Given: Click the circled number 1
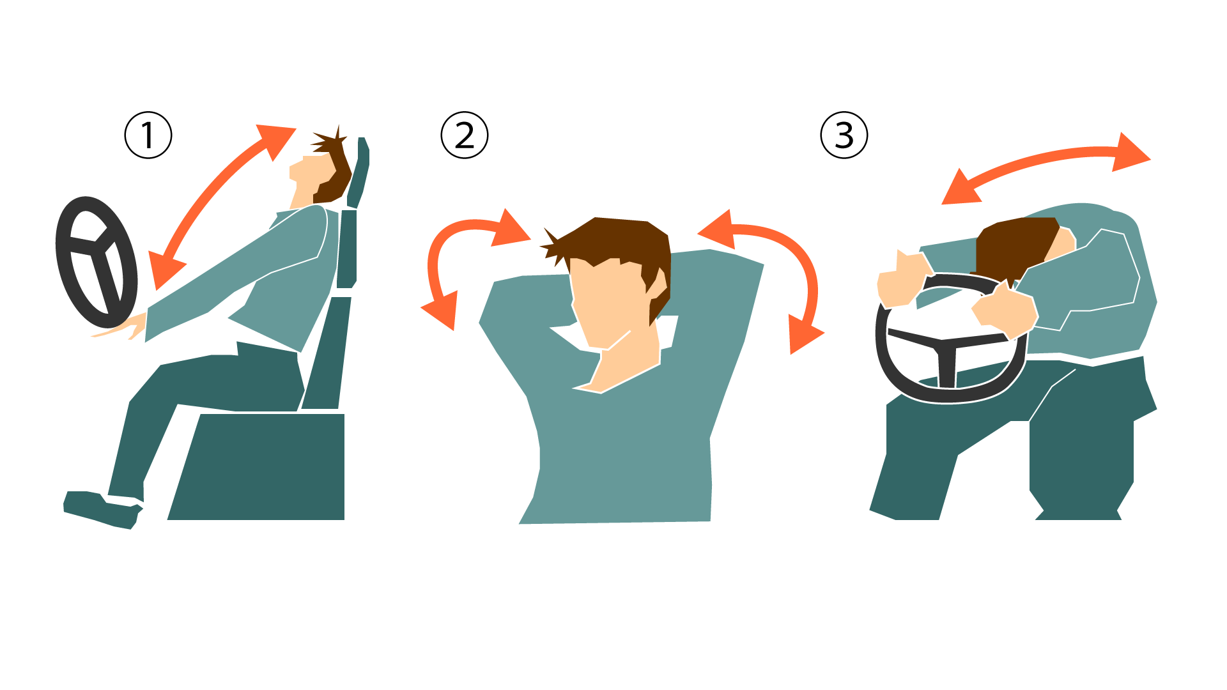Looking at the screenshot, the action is click(x=148, y=135).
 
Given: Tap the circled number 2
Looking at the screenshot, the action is click(x=465, y=135).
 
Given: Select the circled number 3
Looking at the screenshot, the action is click(x=844, y=135).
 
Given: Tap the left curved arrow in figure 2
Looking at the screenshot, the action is click(x=434, y=256).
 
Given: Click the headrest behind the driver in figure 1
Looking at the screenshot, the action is click(x=360, y=172).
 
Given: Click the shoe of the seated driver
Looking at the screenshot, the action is click(x=102, y=509).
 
